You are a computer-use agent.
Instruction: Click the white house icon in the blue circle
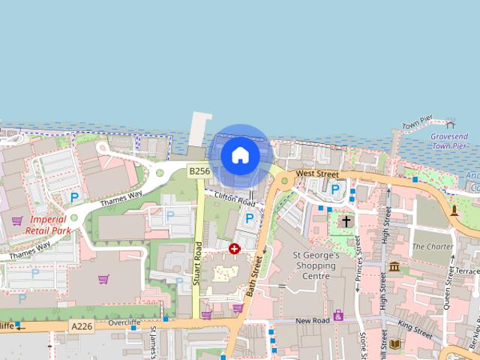[x=240, y=155]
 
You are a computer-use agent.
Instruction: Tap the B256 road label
[x=199, y=172]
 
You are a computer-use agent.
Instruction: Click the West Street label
[x=316, y=173]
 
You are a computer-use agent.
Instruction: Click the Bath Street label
[x=254, y=274]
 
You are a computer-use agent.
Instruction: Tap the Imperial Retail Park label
[x=47, y=225]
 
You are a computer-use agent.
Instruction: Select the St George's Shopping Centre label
[x=316, y=265]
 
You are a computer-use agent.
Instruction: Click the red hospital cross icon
[x=235, y=248]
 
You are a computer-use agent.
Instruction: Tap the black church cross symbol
[x=346, y=221]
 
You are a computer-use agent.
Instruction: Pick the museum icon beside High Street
[x=394, y=266]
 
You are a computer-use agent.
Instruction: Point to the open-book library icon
[x=394, y=344]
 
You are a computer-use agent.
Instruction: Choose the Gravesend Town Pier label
[x=448, y=141]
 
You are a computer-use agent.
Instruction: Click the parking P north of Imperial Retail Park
[x=74, y=197]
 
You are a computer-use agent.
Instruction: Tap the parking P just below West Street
[x=335, y=189]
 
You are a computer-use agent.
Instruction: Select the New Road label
[x=313, y=321]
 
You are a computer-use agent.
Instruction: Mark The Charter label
[x=433, y=246]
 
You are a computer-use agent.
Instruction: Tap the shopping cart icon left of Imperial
[x=16, y=220]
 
